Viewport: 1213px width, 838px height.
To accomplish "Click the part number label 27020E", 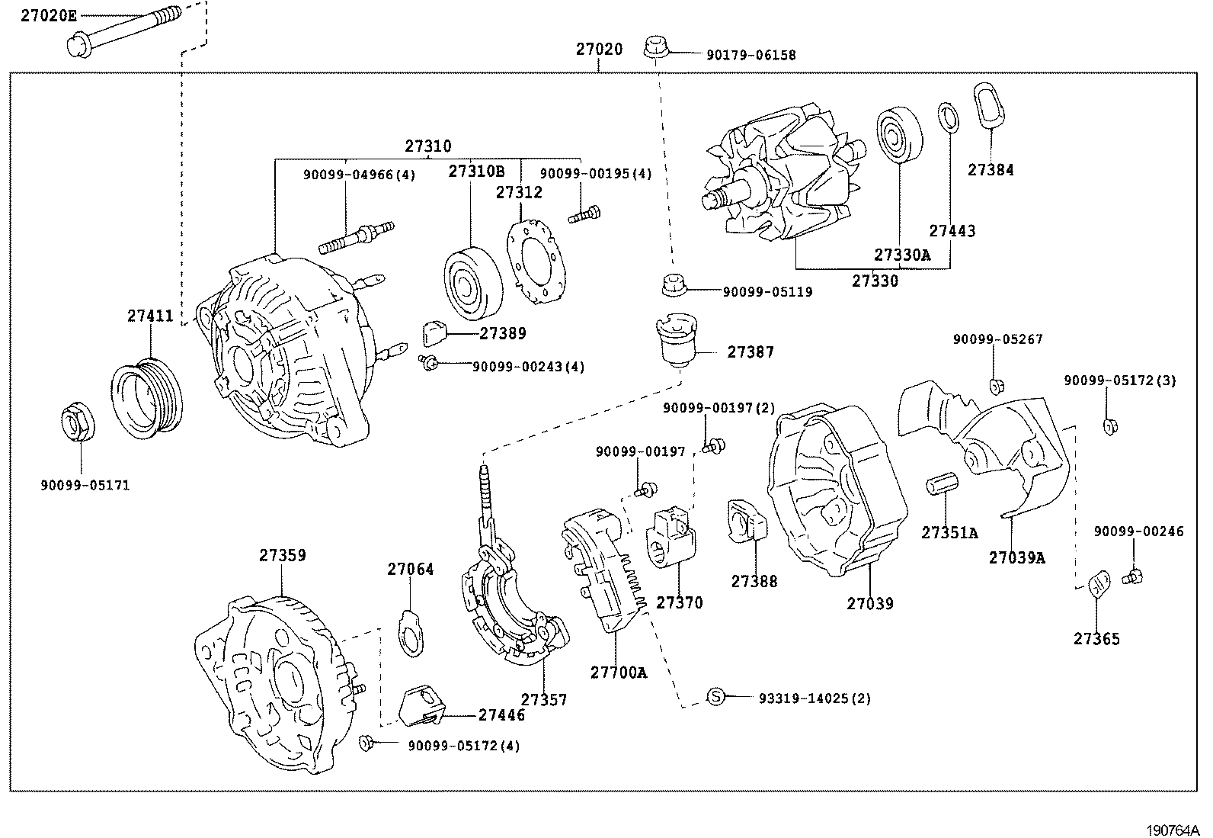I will point(49,14).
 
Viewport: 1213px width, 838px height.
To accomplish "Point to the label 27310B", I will point(476,172).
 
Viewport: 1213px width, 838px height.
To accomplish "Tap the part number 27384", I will point(991,170).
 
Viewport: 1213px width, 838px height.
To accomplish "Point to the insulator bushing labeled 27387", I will point(676,342).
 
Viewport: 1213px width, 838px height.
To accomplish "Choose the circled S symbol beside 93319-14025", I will point(715,696).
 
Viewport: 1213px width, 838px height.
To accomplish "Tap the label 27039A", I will point(1016,557).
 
